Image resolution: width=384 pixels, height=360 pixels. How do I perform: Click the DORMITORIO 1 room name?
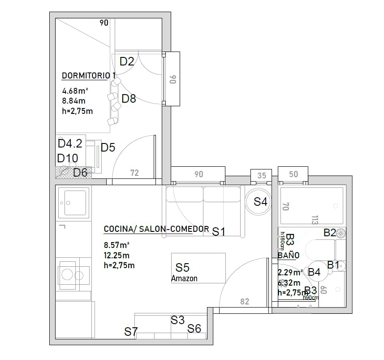click(89, 75)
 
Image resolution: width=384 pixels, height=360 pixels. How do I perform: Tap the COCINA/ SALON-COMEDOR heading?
click(156, 229)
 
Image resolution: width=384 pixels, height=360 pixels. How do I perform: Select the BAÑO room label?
click(288, 255)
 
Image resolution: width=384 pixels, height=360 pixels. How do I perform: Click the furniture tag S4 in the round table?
click(260, 202)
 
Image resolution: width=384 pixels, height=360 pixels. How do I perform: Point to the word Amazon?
click(184, 278)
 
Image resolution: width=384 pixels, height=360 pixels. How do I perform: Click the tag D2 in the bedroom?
click(127, 61)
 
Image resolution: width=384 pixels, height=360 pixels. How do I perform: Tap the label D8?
click(129, 99)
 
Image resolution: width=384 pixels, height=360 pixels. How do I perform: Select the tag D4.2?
click(70, 143)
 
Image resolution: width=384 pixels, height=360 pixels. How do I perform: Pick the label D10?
click(68, 158)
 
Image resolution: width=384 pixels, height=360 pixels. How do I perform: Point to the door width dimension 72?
click(134, 173)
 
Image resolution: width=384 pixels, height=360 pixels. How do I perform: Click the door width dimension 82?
click(245, 302)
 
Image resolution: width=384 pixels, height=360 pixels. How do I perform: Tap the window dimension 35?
click(262, 175)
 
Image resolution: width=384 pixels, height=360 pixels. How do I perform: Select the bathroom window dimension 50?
click(293, 174)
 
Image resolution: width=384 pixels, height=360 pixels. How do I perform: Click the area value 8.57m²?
click(116, 245)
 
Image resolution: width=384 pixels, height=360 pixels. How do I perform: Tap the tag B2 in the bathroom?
click(330, 233)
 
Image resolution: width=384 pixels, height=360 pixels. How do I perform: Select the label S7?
click(131, 332)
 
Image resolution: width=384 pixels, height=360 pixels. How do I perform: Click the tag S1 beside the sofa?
click(218, 232)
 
